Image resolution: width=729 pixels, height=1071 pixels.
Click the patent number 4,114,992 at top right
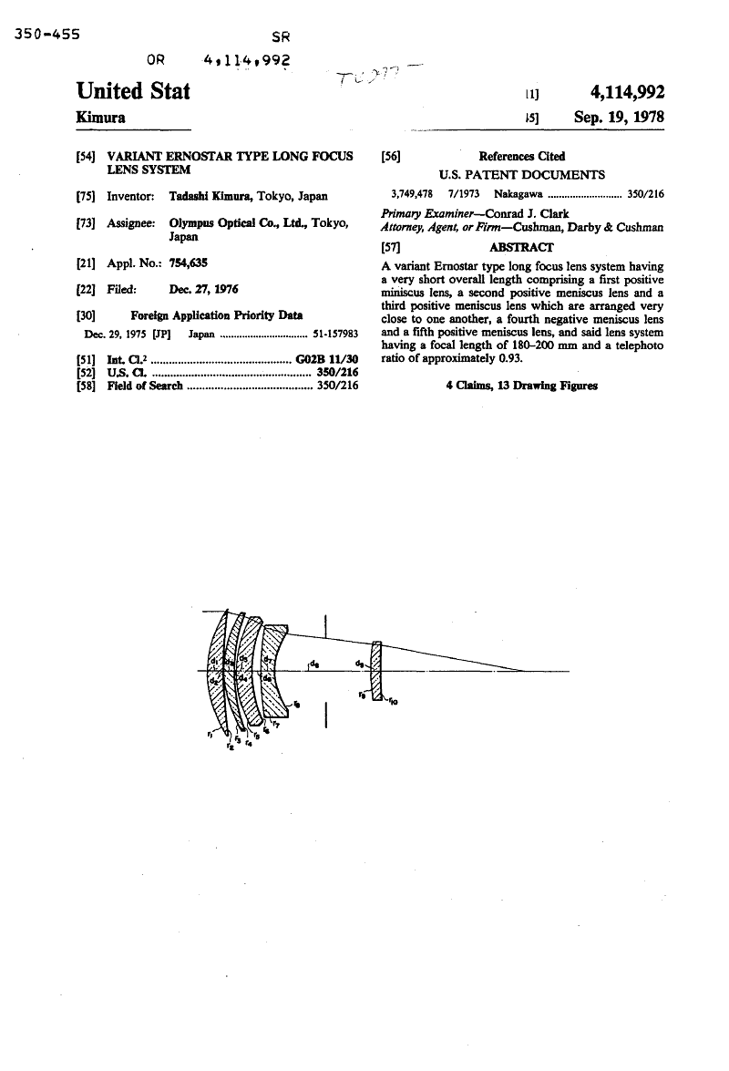[627, 92]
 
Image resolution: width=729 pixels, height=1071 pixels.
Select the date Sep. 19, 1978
[619, 118]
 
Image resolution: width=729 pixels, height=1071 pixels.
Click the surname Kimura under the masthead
[101, 118]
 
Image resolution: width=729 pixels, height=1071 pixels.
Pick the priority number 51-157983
[334, 334]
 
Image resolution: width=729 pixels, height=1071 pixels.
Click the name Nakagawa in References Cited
[518, 193]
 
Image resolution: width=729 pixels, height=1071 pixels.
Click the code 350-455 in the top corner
[47, 35]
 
